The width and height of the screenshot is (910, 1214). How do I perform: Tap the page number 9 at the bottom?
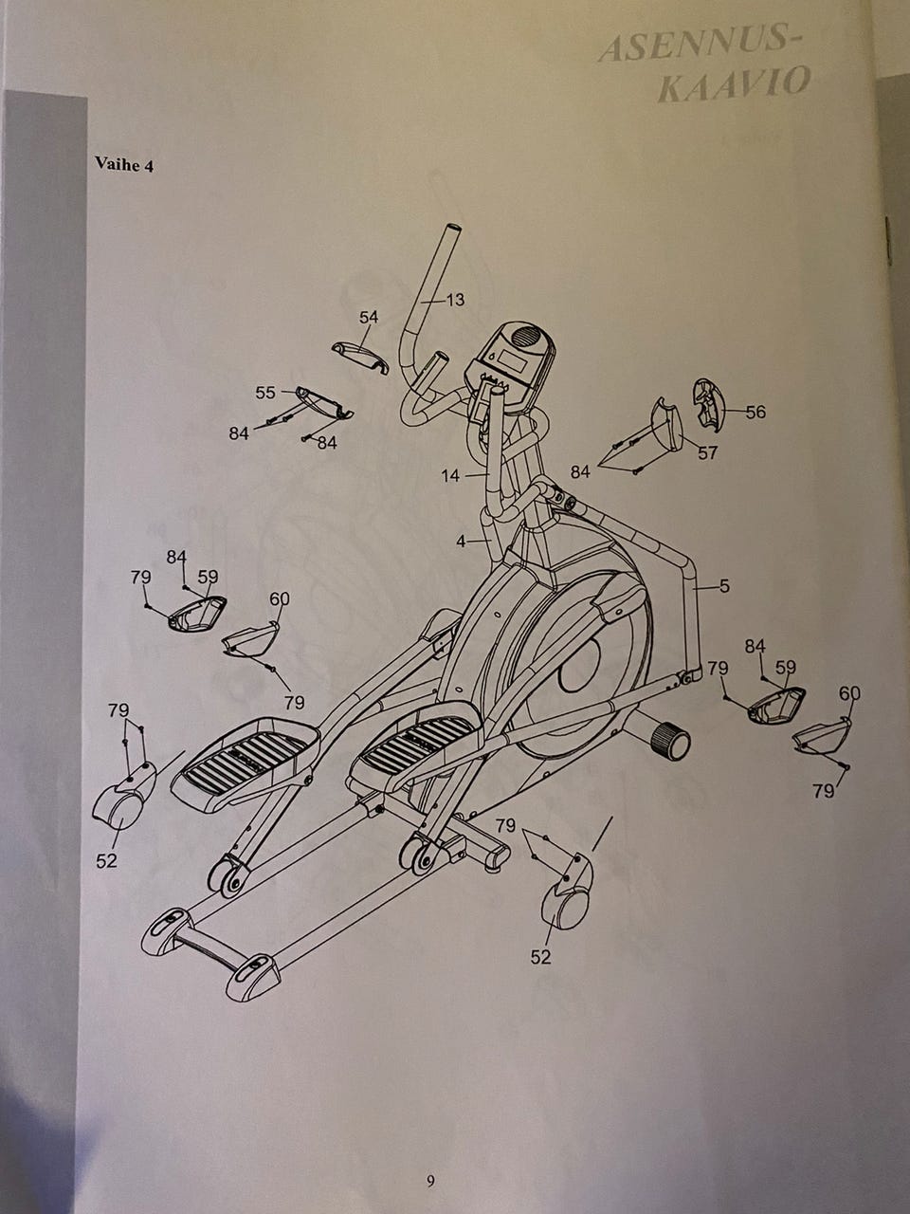pyautogui.click(x=431, y=1181)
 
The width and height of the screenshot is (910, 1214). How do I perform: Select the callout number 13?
pyautogui.click(x=455, y=300)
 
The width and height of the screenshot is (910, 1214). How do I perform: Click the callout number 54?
pyautogui.click(x=369, y=317)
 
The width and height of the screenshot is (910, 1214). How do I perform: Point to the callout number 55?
pyautogui.click(x=265, y=392)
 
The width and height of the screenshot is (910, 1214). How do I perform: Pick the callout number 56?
pyautogui.click(x=755, y=412)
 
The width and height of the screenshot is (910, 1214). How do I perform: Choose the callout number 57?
pyautogui.click(x=707, y=452)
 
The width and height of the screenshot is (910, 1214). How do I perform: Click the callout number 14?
pyautogui.click(x=450, y=475)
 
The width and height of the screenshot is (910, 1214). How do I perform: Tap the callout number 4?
pyautogui.click(x=461, y=542)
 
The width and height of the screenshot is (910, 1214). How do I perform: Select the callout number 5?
pyautogui.click(x=724, y=586)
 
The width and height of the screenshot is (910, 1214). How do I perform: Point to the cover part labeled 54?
pyautogui.click(x=360, y=356)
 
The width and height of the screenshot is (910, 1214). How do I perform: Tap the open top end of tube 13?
pyautogui.click(x=451, y=230)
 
